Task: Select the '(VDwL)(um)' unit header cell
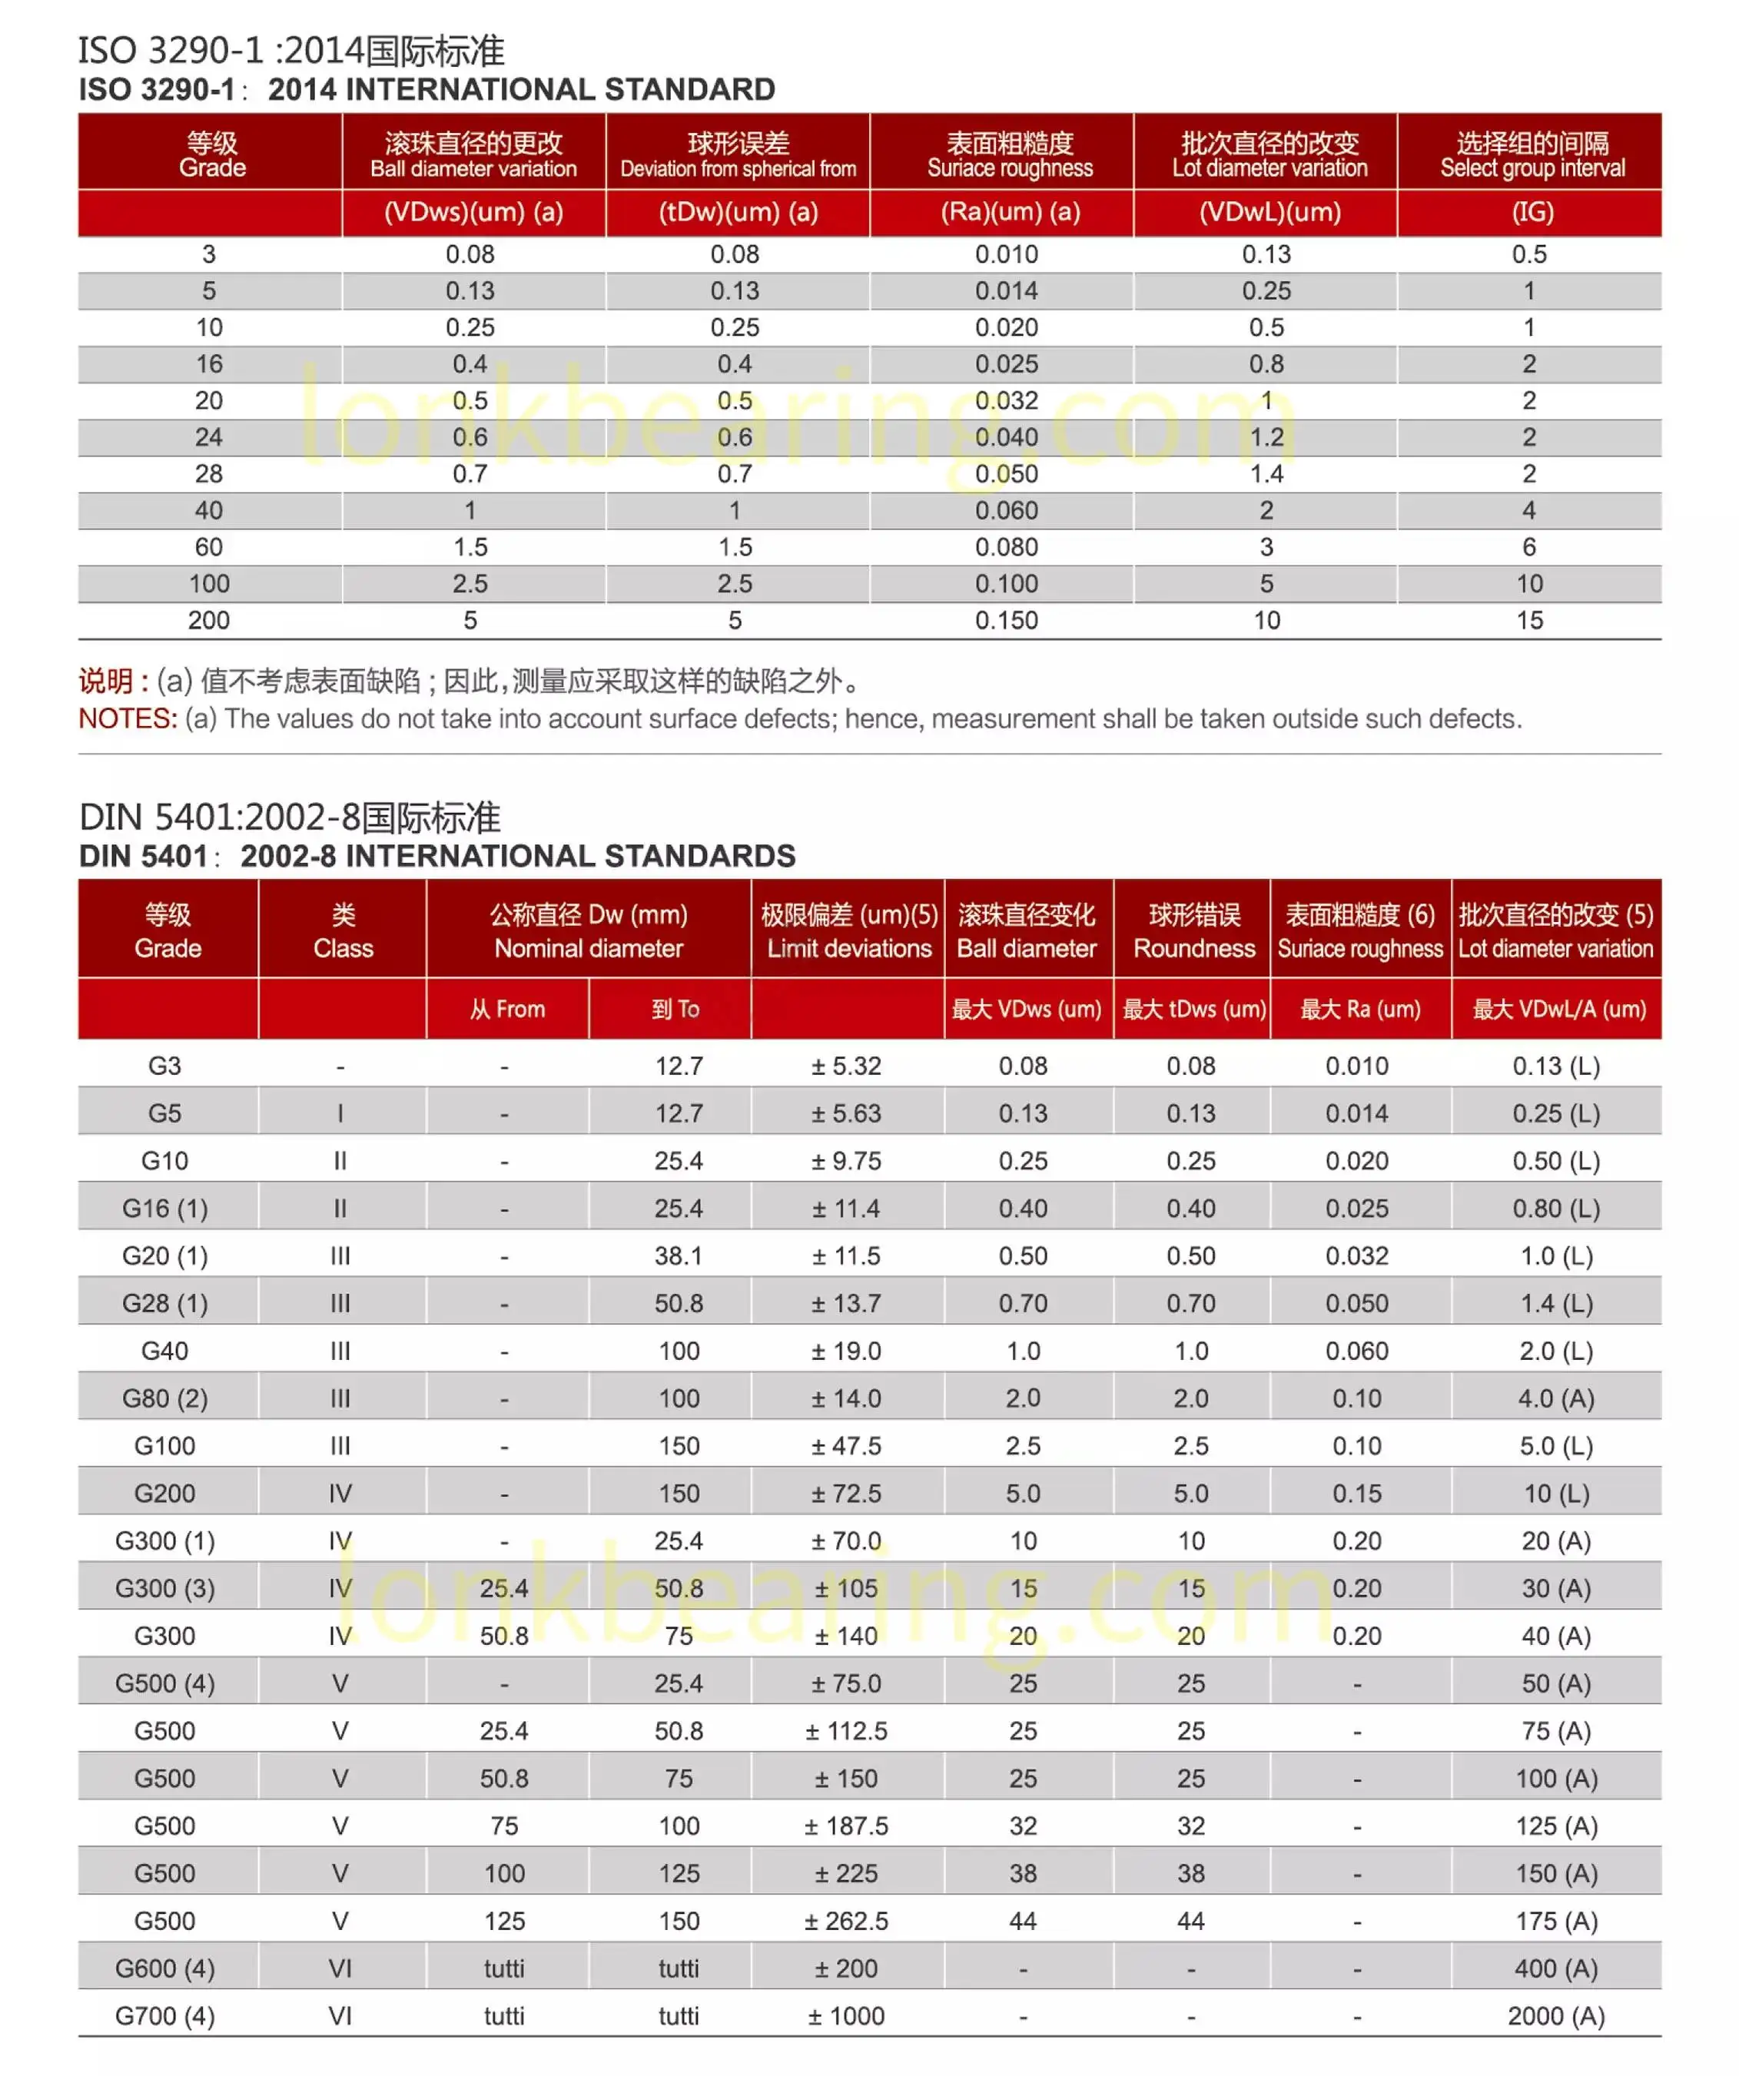[x=1269, y=211]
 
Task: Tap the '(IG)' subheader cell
[x=1532, y=211]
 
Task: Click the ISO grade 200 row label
[x=208, y=620]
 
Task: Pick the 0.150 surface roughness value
[x=1007, y=620]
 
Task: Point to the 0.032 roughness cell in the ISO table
[x=1007, y=400]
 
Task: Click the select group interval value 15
[x=1529, y=620]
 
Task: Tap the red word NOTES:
[x=128, y=718]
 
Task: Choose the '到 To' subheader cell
[x=675, y=1008]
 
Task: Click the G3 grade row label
[x=165, y=1066]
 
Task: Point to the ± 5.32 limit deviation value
[x=846, y=1066]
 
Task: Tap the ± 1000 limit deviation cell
[x=846, y=2016]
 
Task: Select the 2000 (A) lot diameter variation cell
[x=1556, y=2016]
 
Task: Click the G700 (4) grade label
[x=165, y=2016]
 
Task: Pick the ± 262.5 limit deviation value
[x=846, y=1921]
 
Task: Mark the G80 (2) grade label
[x=165, y=1398]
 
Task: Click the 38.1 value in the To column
[x=679, y=1255]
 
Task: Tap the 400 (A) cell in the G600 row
[x=1556, y=1968]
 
